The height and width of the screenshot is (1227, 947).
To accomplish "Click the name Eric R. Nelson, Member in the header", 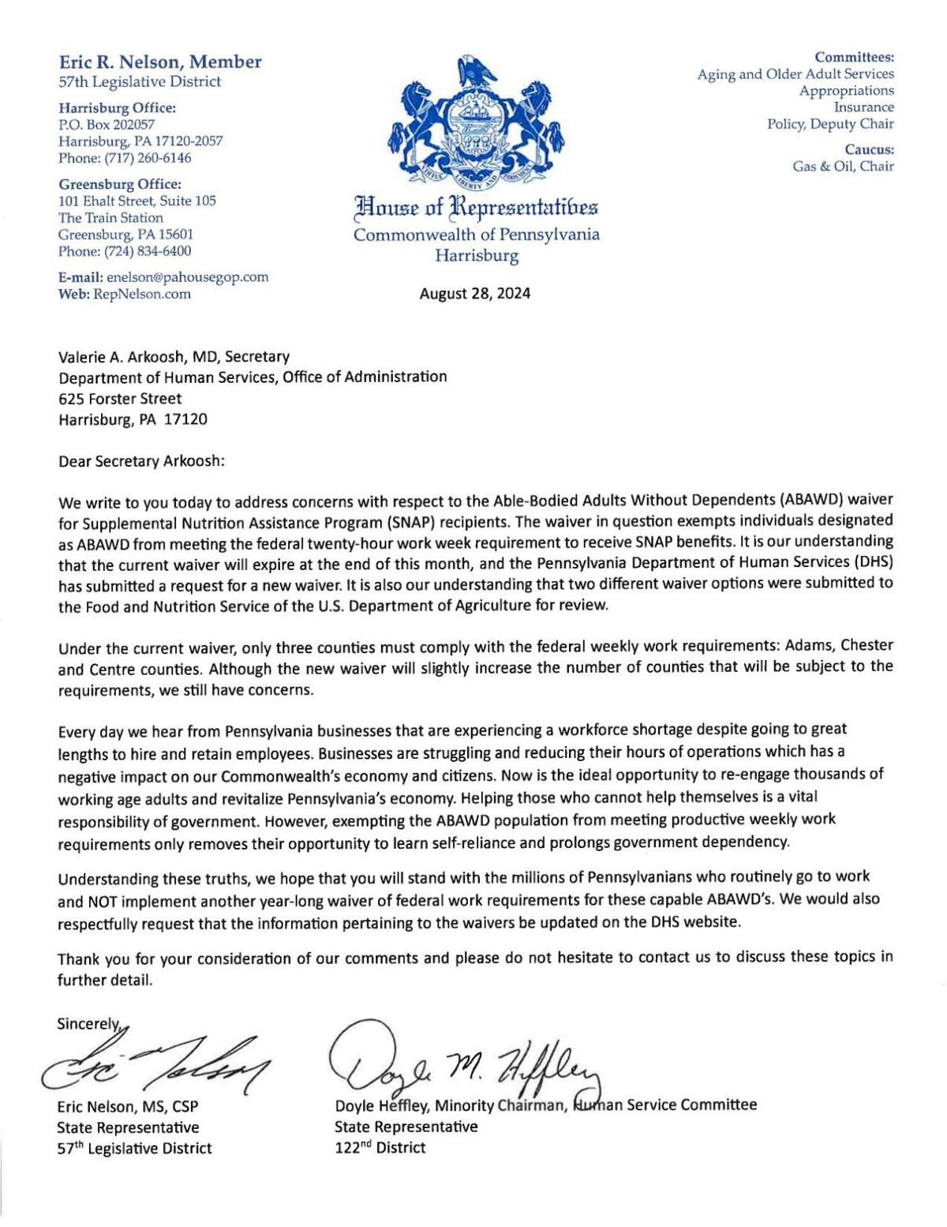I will click(x=160, y=62).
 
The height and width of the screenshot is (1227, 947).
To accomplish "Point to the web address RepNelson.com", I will click(x=142, y=294).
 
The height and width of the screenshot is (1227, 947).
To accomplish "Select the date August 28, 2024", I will click(x=475, y=294).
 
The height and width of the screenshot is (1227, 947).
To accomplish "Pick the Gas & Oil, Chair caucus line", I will click(x=843, y=166).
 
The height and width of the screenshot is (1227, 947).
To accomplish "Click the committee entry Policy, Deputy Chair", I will click(x=830, y=123).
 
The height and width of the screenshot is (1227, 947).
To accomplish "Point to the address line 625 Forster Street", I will click(x=120, y=398).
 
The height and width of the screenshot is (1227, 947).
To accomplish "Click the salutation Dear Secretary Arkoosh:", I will click(x=142, y=460).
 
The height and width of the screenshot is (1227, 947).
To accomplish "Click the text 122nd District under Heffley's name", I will click(x=380, y=1147).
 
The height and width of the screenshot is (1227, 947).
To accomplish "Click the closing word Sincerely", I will click(x=87, y=1024).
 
